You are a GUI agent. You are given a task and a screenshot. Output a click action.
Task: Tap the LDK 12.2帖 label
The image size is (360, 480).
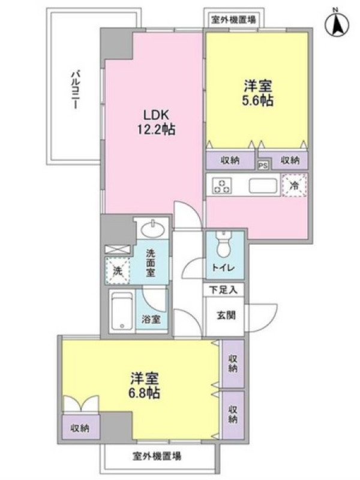click(x=156, y=122)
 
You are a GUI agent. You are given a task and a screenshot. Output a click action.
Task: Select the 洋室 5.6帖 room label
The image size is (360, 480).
click(x=257, y=93)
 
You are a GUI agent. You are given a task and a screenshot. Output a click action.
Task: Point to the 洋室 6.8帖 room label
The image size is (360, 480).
click(x=145, y=385)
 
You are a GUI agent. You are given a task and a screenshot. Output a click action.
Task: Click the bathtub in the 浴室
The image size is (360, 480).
click(x=122, y=311)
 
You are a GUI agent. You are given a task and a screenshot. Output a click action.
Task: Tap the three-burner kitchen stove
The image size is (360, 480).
click(x=222, y=185)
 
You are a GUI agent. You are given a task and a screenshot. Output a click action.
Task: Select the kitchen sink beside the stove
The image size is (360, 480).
click(x=263, y=185)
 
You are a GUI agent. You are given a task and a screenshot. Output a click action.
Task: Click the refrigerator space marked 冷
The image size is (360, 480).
click(x=294, y=185)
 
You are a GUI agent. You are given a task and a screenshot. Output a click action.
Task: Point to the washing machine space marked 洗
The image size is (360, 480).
click(x=118, y=271)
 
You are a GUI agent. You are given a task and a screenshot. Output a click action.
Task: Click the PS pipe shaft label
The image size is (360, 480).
click(x=263, y=166)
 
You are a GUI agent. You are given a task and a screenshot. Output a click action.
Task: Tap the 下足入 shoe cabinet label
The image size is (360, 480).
click(x=223, y=290)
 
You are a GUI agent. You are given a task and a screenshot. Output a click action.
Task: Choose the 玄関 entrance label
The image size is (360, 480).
click(x=226, y=315)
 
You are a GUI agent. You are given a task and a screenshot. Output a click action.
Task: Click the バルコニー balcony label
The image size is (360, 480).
click(x=76, y=89)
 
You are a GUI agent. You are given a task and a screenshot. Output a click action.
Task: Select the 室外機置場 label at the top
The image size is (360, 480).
click(x=234, y=20)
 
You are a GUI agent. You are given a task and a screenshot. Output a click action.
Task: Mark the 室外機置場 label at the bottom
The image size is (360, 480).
click(x=157, y=456)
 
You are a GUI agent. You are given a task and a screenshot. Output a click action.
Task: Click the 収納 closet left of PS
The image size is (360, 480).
click(x=230, y=160)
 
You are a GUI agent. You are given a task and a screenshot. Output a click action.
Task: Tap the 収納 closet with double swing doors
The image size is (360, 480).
click(x=80, y=427)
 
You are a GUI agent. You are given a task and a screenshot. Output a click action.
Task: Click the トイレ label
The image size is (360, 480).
click(x=224, y=268)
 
